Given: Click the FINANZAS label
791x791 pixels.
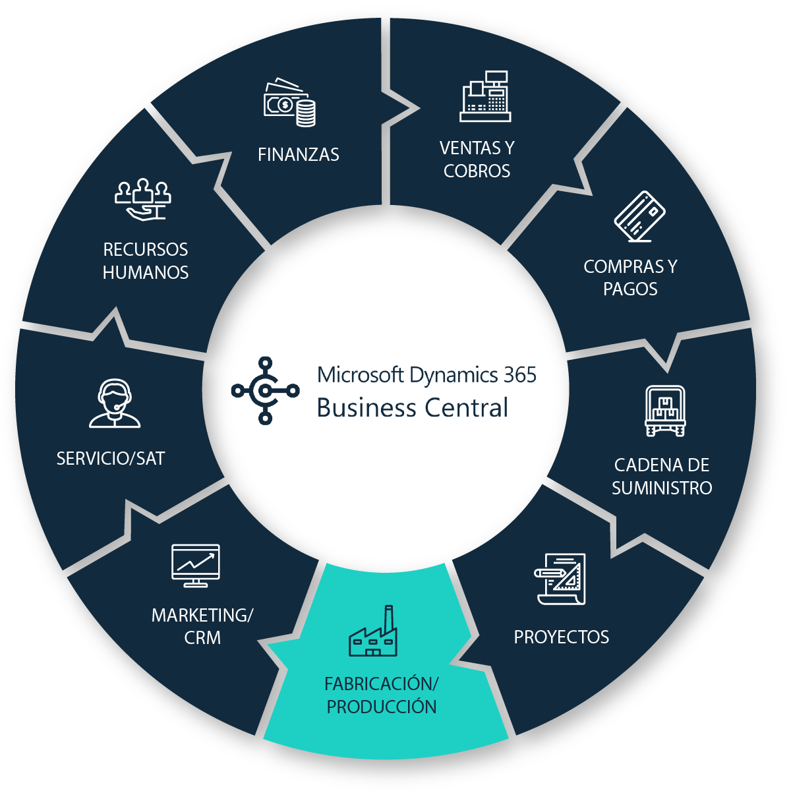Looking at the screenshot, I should tap(299, 155).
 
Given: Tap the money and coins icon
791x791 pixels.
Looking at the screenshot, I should tap(289, 103).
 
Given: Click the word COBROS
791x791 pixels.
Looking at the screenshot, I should tap(477, 171).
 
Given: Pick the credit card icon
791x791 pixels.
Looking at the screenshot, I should tap(639, 216).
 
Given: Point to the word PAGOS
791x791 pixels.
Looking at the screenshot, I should tap(630, 289).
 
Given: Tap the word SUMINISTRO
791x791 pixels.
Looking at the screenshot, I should tap(662, 488).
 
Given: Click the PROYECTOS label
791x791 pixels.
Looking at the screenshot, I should tap(562, 637).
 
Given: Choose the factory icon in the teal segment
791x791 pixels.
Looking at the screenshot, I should tap(374, 633).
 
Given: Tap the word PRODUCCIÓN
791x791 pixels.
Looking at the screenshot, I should tap(382, 707).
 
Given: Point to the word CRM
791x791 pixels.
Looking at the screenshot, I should tap(202, 638).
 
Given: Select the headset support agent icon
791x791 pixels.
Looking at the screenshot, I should tap(115, 403).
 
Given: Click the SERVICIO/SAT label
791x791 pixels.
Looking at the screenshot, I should tap(111, 459).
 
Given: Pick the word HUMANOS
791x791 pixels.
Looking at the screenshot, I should tap(146, 273).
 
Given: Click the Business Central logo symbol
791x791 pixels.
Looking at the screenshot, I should tap(265, 390).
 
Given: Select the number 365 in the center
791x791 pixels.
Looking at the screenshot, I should tap(520, 375).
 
